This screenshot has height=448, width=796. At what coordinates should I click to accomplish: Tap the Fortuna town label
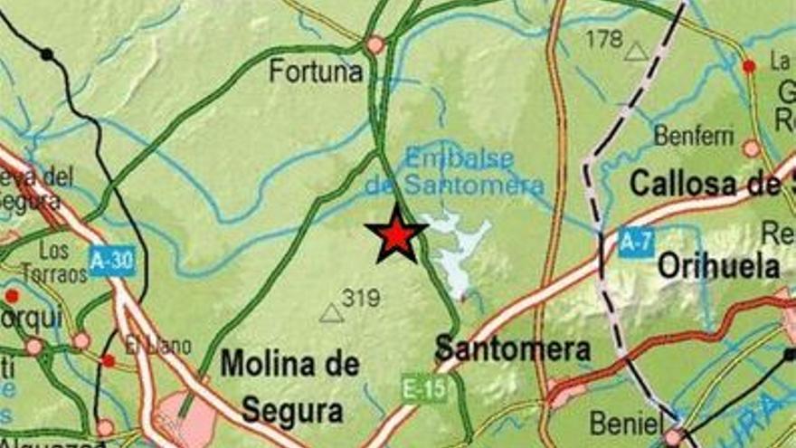316,71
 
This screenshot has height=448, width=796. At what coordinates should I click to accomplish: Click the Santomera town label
512,348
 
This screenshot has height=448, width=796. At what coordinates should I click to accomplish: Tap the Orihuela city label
719,266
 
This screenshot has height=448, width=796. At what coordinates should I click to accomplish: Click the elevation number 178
604,39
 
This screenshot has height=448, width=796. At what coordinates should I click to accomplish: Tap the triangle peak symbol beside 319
332,313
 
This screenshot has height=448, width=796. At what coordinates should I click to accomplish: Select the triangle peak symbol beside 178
637,52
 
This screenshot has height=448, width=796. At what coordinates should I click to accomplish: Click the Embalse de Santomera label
457,172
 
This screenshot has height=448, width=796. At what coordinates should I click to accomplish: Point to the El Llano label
147,345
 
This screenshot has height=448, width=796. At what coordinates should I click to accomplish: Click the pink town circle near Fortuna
375,44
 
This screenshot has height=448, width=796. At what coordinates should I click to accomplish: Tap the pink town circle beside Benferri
752,148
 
